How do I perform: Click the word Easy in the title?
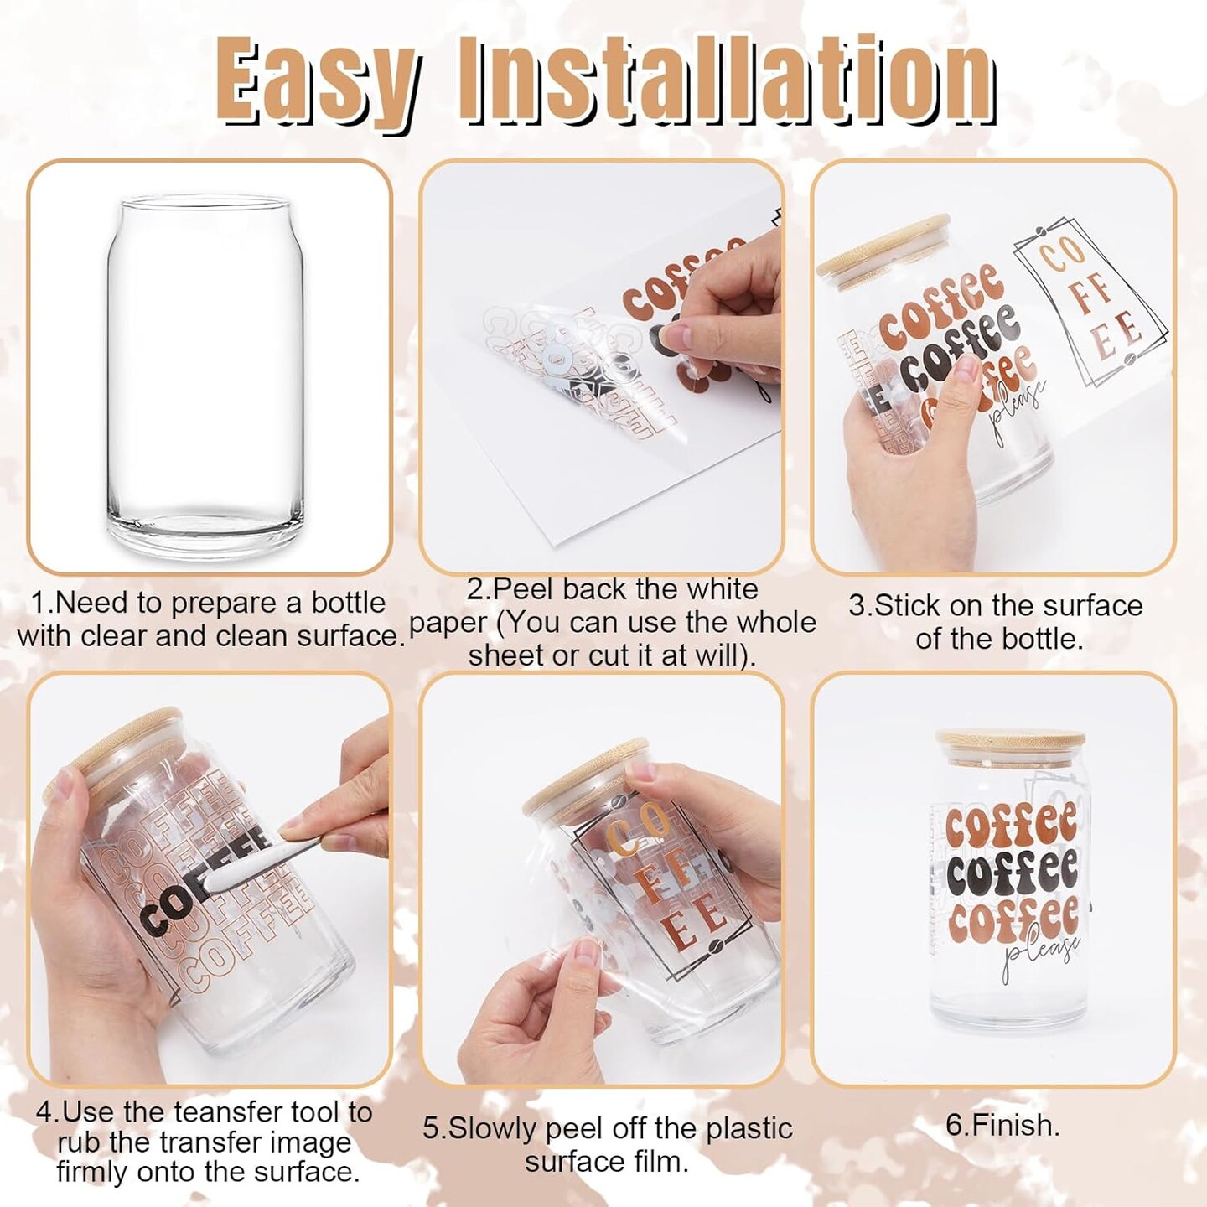click(319, 80)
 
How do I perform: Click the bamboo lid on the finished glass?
click(1011, 746)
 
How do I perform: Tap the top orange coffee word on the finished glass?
click(1010, 826)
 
